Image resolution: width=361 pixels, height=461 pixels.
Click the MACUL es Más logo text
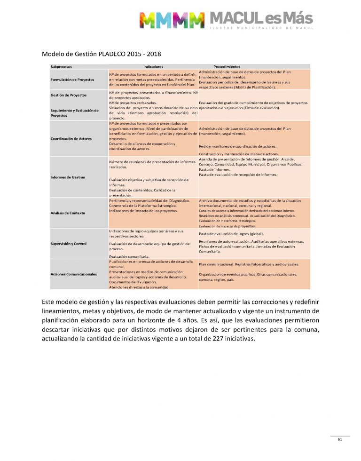point(260,18)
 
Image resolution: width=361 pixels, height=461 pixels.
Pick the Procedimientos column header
point(227,67)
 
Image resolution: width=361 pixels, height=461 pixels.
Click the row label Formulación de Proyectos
point(72,79)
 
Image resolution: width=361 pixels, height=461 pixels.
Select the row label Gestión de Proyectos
point(69,95)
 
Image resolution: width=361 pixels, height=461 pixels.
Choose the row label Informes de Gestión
point(68,177)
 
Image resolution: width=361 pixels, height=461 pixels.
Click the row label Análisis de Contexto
point(68,213)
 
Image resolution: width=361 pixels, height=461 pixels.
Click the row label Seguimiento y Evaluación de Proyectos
point(74,112)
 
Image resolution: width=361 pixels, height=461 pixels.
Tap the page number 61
point(339,439)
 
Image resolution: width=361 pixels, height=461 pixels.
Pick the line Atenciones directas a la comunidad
point(139,287)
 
